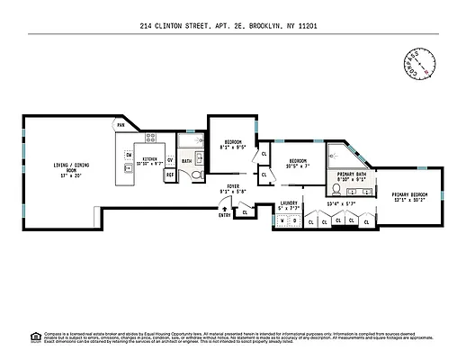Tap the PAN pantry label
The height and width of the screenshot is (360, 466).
(120, 124)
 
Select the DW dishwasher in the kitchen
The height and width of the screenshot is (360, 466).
(129, 155)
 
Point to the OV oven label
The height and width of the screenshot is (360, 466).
(169, 161)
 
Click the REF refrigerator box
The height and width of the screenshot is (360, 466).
(169, 175)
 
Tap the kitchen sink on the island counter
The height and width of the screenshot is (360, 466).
(129, 167)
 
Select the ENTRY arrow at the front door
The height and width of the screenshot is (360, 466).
(223, 211)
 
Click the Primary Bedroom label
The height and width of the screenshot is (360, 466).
(409, 197)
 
